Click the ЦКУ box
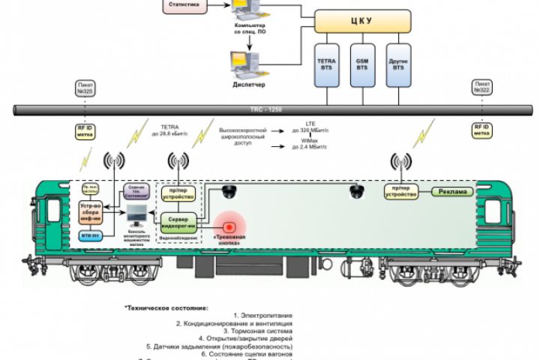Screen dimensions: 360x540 click(x=362, y=21)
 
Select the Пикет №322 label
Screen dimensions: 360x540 click(x=482, y=88)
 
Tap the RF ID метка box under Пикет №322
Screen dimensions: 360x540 click(x=482, y=130)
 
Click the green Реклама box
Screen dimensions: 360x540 click(x=452, y=192)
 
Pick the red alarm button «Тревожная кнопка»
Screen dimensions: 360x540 click(x=231, y=226)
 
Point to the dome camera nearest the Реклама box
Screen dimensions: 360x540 click(x=355, y=192)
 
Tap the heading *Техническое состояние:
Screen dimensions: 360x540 click(x=166, y=307)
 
